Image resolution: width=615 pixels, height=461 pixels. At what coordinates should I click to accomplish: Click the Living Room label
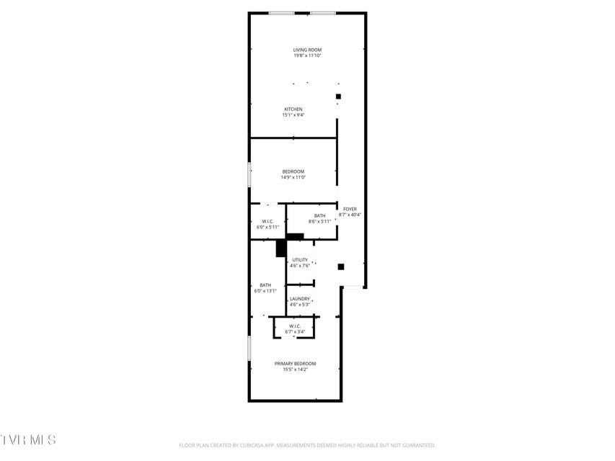pyautogui.click(x=307, y=50)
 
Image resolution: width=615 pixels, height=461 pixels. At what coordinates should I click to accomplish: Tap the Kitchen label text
pyautogui.click(x=293, y=109)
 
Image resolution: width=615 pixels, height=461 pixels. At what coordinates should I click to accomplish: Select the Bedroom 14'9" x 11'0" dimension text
pyautogui.click(x=293, y=177)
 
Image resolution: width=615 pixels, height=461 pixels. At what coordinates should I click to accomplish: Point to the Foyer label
pyautogui.click(x=350, y=209)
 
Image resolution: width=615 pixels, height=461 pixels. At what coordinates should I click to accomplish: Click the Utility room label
pyautogui.click(x=300, y=260)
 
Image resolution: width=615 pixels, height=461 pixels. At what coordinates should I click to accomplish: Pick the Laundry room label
pyautogui.click(x=300, y=299)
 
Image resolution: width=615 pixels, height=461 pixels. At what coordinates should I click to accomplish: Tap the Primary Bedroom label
pyautogui.click(x=295, y=363)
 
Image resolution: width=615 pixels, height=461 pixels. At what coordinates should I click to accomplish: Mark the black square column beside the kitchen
pyautogui.click(x=338, y=97)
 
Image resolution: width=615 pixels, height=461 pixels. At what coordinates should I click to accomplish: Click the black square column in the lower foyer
pyautogui.click(x=341, y=267)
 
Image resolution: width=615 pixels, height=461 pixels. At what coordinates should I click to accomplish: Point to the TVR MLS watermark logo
pyautogui.click(x=28, y=440)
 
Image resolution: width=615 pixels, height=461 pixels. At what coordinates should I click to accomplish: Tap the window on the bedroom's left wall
pyautogui.click(x=249, y=174)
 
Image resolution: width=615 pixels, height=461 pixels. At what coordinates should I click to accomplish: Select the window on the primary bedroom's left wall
pyautogui.click(x=249, y=349)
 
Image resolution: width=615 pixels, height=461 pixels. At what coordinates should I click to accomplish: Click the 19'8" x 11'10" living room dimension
pyautogui.click(x=307, y=55)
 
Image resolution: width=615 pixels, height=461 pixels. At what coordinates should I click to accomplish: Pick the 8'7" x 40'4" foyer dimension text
pyautogui.click(x=350, y=215)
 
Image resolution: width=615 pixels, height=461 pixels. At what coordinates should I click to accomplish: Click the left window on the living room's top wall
pyautogui.click(x=282, y=14)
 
